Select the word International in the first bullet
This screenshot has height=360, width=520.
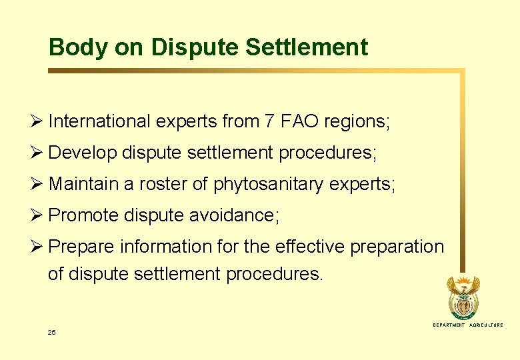(x=100, y=121)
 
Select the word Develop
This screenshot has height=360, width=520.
(x=83, y=153)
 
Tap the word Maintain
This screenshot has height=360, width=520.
(x=85, y=184)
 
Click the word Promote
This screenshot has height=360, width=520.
(x=85, y=215)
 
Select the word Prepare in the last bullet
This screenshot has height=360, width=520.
(x=82, y=247)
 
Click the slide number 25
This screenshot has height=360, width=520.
(x=52, y=332)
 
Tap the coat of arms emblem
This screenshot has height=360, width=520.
(x=463, y=297)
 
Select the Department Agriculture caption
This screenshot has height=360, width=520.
(x=468, y=325)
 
